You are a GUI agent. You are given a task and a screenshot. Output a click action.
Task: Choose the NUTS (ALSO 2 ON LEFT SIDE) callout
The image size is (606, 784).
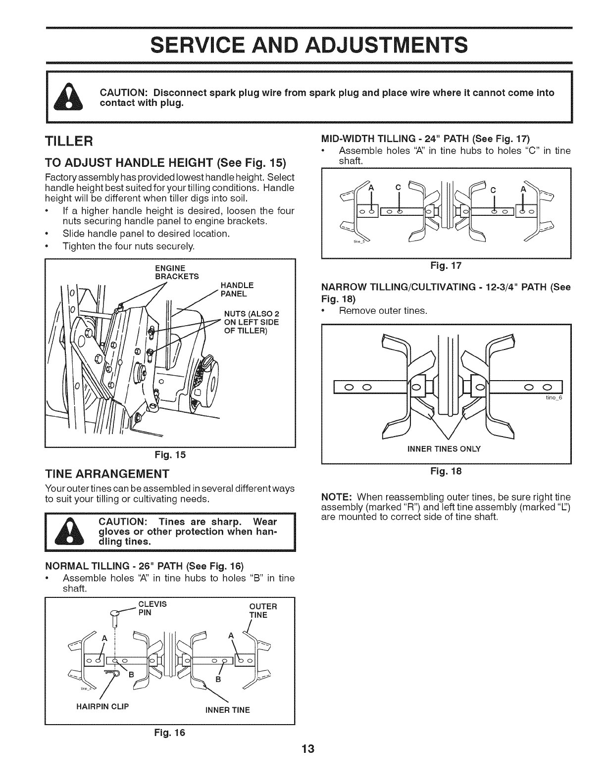(252, 322)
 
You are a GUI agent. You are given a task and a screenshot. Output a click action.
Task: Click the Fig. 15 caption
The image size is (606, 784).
(170, 453)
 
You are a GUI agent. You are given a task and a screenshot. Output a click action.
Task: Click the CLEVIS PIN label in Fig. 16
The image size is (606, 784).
(152, 608)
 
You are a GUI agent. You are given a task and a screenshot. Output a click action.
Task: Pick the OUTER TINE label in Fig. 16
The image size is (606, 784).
(262, 610)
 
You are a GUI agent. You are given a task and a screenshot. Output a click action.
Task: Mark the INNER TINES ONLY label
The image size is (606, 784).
(443, 449)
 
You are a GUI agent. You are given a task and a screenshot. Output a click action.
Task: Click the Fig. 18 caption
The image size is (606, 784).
(446, 471)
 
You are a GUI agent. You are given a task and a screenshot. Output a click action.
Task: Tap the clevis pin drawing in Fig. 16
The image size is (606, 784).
(115, 619)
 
